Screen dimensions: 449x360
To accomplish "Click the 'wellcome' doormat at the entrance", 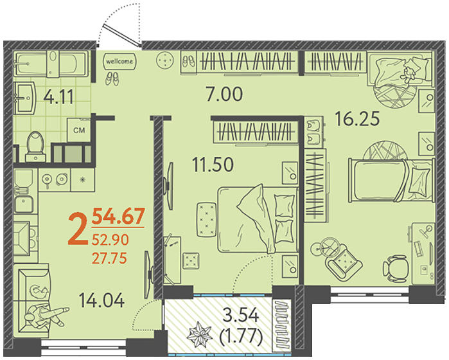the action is click(119, 61).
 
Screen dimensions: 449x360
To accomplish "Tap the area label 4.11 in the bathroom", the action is click(58, 96).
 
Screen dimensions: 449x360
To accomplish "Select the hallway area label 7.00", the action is click(225, 94).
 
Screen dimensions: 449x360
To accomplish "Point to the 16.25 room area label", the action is click(358, 119).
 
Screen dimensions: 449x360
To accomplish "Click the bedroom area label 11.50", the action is click(213, 165).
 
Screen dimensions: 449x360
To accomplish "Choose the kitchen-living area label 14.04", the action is click(101, 300).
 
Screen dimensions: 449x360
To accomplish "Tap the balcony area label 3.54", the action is click(241, 316).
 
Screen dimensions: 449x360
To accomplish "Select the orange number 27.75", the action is click(109, 258).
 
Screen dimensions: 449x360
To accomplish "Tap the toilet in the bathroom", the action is click(35, 147).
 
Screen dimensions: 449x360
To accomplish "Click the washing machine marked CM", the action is click(79, 130).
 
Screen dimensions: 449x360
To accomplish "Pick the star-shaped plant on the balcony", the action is click(199, 335).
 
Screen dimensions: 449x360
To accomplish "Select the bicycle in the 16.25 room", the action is click(326, 247).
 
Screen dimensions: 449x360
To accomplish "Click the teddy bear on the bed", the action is click(409, 73).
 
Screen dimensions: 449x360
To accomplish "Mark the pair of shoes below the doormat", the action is click(112, 78).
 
